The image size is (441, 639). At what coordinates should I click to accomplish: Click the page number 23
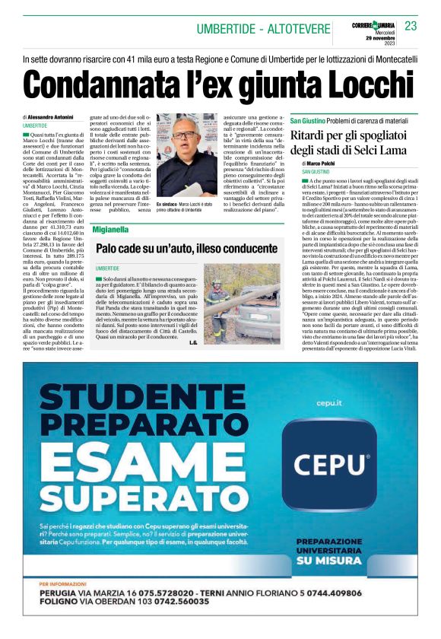tap(411, 26)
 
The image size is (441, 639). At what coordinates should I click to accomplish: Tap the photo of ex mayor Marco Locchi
tap(186, 156)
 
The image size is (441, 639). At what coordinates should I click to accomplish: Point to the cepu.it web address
tap(328, 401)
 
